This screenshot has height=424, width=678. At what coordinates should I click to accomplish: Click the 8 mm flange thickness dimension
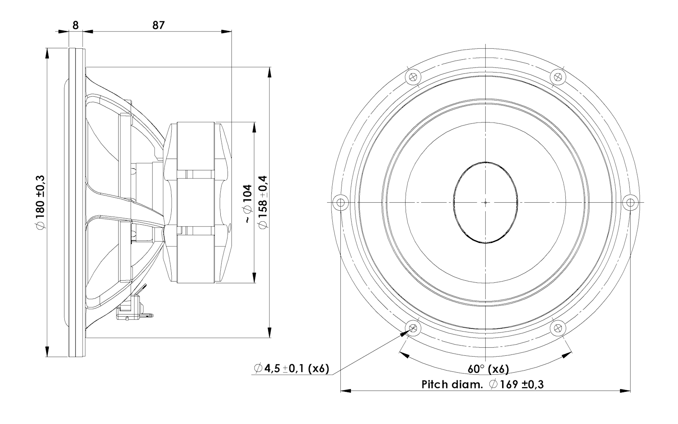(x=75, y=25)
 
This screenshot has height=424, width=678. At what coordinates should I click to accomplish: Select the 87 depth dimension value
(x=158, y=25)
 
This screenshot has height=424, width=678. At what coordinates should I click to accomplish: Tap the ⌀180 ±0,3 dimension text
(x=40, y=202)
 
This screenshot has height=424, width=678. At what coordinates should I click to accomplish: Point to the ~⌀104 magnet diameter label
(x=247, y=204)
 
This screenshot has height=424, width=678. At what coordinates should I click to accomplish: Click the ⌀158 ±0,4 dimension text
(x=262, y=202)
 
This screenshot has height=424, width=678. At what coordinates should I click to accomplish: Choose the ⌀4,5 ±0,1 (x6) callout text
(x=292, y=368)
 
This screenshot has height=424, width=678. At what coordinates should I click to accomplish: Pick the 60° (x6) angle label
(x=488, y=369)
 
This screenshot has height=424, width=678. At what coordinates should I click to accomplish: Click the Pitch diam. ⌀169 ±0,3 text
(x=483, y=384)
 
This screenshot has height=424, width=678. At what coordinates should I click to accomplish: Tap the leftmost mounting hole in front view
(x=341, y=202)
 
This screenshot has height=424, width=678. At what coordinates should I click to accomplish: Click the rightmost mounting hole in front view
(x=630, y=202)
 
